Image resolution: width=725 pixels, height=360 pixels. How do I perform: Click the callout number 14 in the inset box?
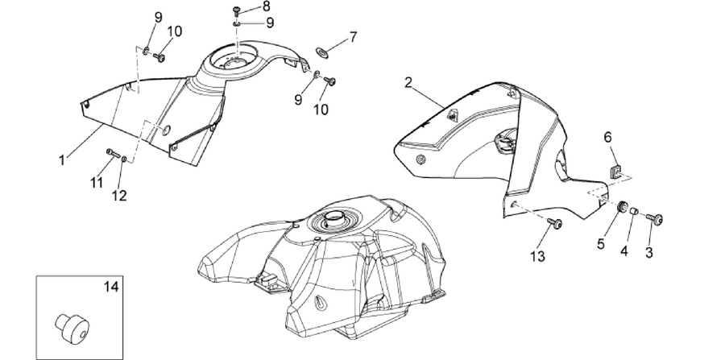(111, 287)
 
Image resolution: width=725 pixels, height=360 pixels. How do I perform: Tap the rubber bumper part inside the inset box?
(72, 326)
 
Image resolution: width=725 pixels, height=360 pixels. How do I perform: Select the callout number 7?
(354, 36)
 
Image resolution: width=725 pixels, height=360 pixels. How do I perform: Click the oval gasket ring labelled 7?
(321, 52)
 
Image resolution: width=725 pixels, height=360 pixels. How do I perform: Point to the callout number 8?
(266, 6)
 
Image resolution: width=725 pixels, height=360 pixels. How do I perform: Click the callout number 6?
(607, 137)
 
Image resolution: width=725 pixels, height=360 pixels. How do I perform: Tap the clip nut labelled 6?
(615, 172)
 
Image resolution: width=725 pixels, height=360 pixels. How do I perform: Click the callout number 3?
(648, 253)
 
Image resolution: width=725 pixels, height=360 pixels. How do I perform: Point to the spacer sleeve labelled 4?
(634, 212)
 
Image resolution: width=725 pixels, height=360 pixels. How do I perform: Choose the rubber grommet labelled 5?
(622, 206)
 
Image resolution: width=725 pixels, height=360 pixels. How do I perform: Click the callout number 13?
(538, 256)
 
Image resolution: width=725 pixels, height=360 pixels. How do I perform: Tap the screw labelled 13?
(555, 224)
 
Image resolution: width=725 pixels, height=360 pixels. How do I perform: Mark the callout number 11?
(97, 183)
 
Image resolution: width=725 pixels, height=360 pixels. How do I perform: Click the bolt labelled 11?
(113, 152)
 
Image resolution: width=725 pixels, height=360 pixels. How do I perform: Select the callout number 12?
(119, 196)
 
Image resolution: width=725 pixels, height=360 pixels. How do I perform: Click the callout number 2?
(408, 83)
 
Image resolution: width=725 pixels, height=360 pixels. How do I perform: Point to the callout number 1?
(61, 160)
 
